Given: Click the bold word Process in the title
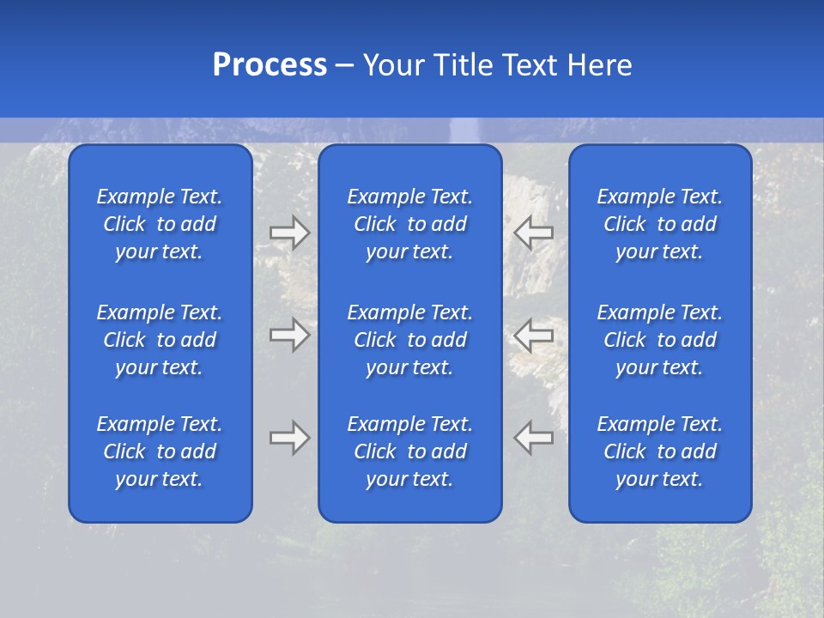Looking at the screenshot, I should tap(270, 65).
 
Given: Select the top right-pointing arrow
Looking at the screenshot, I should tap(290, 233).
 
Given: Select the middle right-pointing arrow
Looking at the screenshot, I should tap(290, 335).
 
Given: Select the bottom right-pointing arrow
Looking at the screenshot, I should tap(290, 438).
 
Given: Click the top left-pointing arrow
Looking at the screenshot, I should tap(533, 233).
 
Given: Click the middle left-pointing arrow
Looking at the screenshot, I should tap(533, 335).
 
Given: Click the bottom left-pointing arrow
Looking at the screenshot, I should tap(533, 438).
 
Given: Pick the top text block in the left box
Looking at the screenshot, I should tap(160, 224).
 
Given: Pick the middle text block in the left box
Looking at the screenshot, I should tap(160, 340).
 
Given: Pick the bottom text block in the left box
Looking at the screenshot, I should tap(160, 451).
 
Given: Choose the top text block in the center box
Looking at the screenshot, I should tap(409, 224).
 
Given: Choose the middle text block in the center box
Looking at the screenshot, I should tap(409, 340).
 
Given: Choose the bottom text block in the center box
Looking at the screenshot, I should tap(409, 451).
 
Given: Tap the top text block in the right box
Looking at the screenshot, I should tap(659, 224).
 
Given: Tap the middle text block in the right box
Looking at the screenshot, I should tap(659, 340).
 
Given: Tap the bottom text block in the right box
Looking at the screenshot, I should tap(659, 451).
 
